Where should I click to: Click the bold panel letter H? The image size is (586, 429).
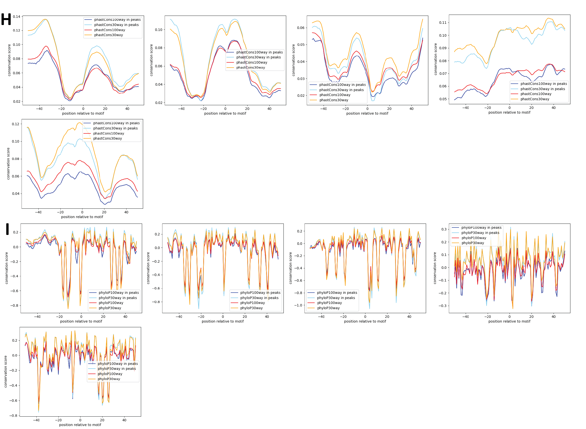pos(6,19)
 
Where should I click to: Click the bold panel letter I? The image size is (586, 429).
pos(7,229)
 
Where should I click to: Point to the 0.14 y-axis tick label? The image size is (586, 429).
pos(16,17)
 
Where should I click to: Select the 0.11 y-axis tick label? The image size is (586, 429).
pos(443,23)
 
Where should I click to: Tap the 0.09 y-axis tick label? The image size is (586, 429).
pos(443,48)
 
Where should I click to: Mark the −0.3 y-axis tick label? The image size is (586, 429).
pos(442,306)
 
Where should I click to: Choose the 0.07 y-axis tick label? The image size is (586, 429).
pos(443,74)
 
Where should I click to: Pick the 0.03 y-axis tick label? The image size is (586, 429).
pos(301,79)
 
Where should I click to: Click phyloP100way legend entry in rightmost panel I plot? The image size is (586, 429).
pos(474,238)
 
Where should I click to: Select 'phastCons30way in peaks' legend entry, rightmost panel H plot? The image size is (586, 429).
pos(542,89)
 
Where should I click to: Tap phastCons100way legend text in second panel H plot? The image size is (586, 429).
pos(252,62)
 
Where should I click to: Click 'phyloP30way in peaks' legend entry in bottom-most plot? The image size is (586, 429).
pos(117,369)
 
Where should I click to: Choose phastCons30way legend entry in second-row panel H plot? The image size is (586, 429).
pos(107,138)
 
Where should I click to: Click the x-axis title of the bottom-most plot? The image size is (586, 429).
pos(80,425)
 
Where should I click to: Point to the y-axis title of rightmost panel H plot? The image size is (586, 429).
pos(435,59)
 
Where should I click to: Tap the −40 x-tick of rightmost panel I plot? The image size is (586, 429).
pos(465,317)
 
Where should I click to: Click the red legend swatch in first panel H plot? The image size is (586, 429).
pos(88,30)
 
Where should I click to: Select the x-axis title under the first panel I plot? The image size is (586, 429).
pos(81,321)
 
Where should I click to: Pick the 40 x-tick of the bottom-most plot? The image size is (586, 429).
pos(124,420)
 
